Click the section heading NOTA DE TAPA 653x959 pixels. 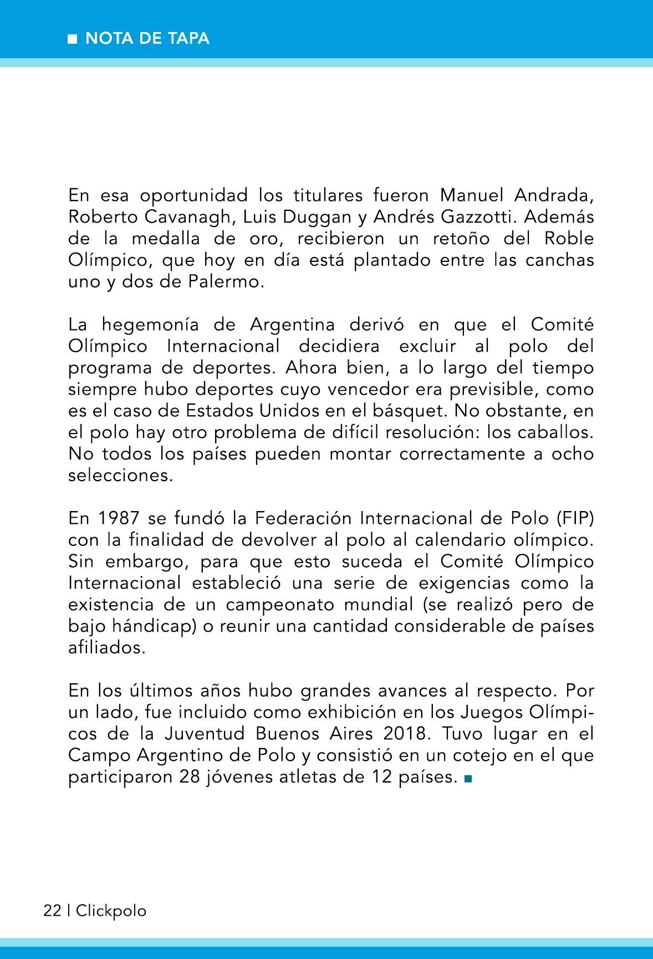tap(147, 39)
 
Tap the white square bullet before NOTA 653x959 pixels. tap(72, 39)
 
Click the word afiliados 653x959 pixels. tap(106, 648)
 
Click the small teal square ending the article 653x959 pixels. tap(467, 779)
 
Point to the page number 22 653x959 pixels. tap(52, 911)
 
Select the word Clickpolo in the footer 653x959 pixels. tap(111, 911)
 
